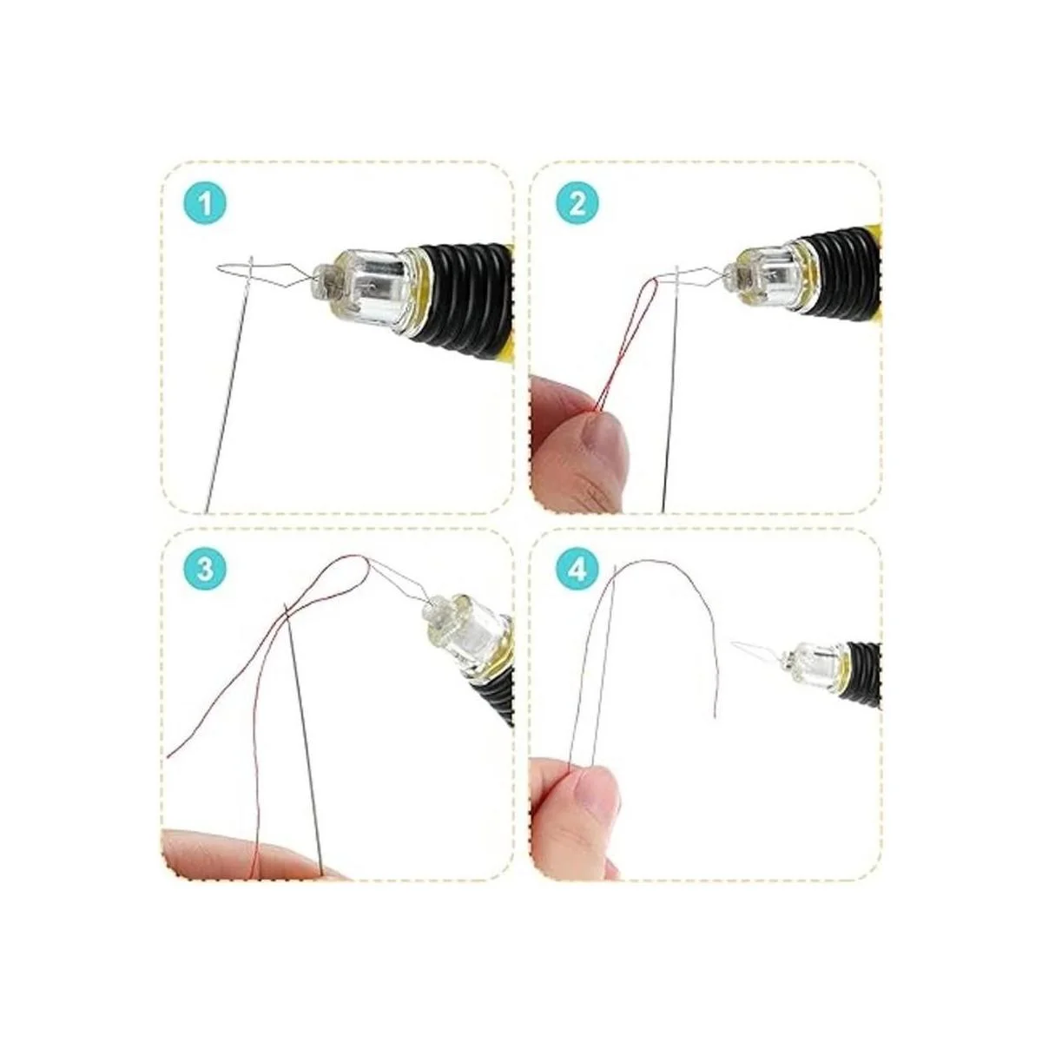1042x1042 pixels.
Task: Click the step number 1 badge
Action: coord(205,203)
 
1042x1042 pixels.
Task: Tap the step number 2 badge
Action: coord(577,203)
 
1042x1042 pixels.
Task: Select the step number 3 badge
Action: coord(205,570)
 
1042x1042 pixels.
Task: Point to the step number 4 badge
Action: coord(577,570)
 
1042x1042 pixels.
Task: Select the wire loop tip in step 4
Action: coord(733,643)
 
